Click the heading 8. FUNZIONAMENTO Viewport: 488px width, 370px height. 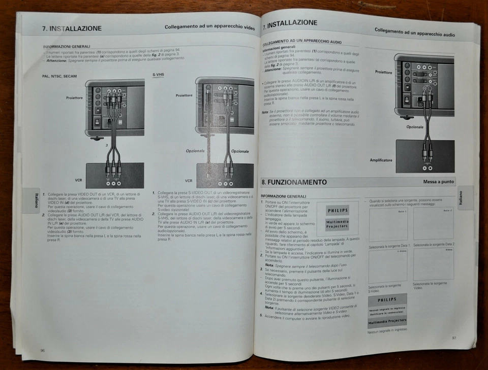(x=294, y=182)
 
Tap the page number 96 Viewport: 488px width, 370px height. (x=43, y=350)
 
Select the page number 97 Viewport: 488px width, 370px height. (x=453, y=338)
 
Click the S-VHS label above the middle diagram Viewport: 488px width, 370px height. (x=158, y=75)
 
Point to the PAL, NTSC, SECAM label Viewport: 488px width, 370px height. (x=59, y=76)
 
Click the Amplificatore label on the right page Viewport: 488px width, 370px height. (x=381, y=160)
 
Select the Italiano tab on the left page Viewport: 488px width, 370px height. (x=36, y=199)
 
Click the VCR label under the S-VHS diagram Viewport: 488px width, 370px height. (x=189, y=180)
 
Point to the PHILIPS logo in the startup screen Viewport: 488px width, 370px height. (x=338, y=210)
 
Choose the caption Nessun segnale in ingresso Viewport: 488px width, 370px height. (x=387, y=330)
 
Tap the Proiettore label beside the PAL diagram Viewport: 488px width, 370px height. (x=74, y=97)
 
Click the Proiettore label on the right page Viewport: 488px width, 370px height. (x=383, y=72)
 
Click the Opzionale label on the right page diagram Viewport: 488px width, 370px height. (x=415, y=127)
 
